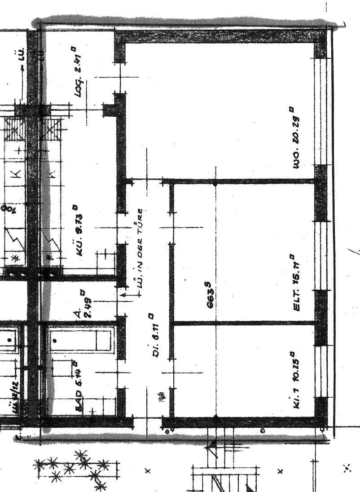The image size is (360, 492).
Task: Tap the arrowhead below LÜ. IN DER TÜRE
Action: coord(123,295)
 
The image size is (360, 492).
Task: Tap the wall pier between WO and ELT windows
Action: coord(321,193)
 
